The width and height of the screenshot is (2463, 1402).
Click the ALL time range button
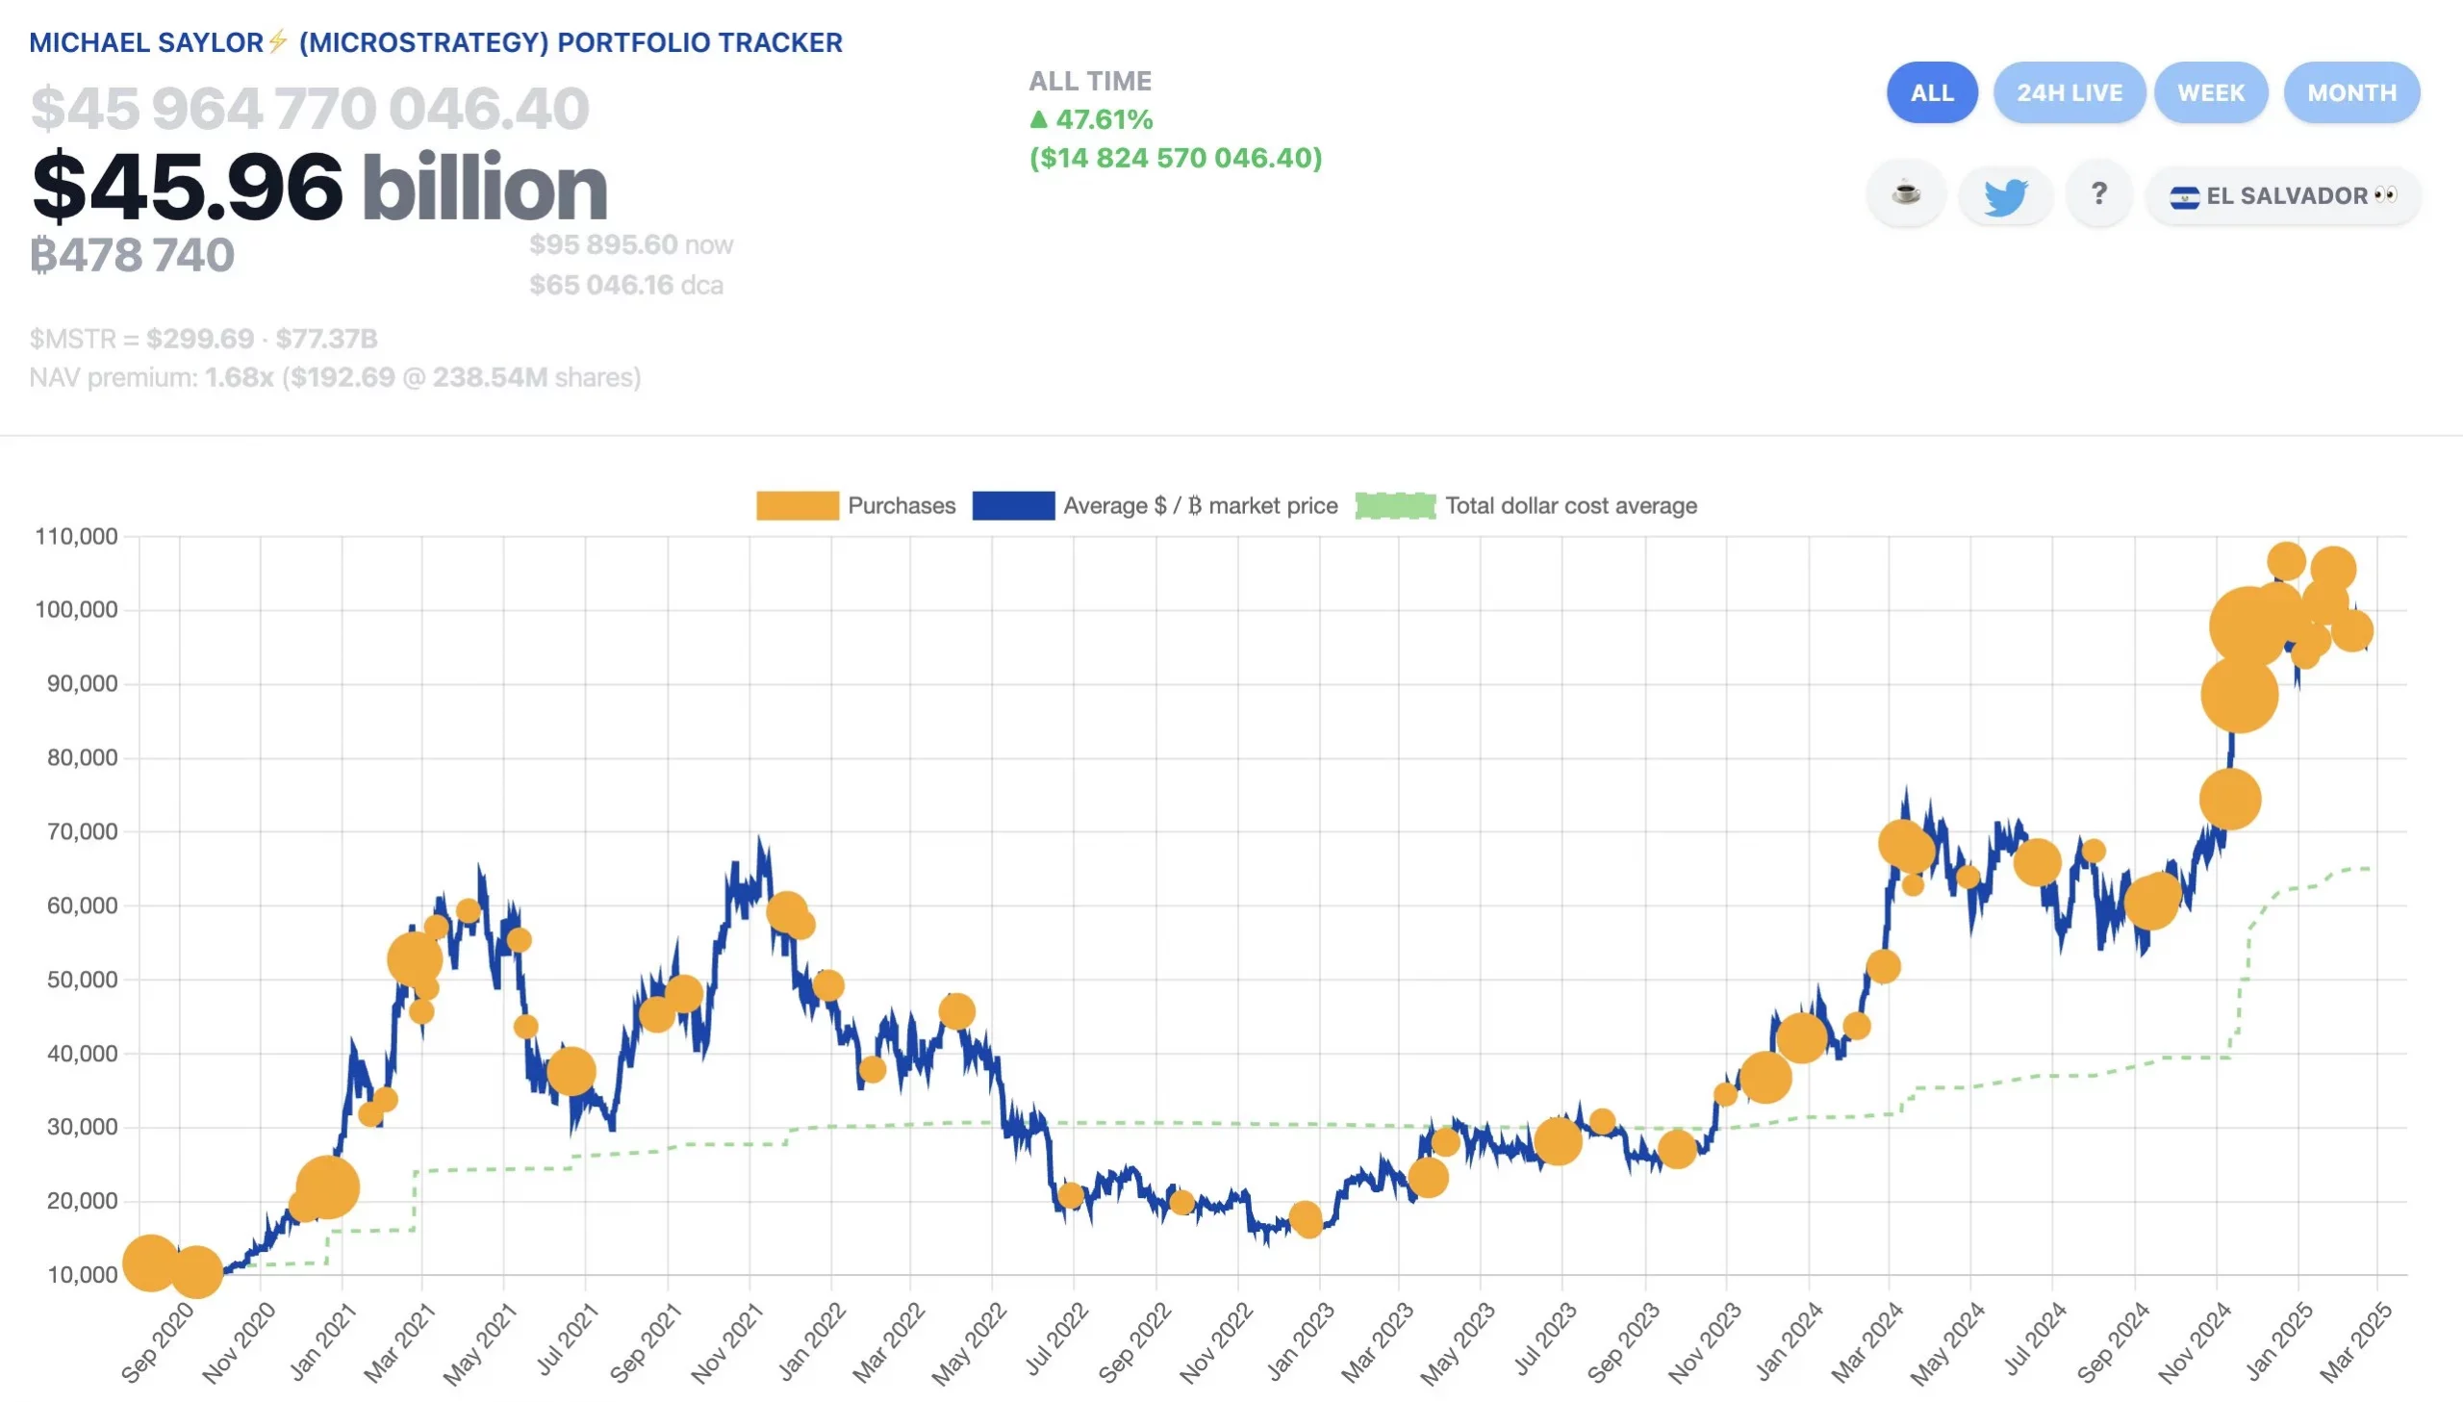1932,93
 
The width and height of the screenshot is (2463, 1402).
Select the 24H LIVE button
2069,93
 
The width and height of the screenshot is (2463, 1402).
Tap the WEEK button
2211,93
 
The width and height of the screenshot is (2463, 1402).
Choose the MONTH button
2350,93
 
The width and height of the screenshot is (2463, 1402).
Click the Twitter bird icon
2006,195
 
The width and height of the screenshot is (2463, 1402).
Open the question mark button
2099,195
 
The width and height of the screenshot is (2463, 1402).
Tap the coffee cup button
1906,194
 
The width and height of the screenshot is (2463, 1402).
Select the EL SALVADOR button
2283,195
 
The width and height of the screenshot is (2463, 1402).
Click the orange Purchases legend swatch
797,505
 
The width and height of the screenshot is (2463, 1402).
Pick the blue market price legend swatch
1012,505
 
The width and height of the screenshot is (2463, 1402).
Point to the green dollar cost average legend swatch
1395,505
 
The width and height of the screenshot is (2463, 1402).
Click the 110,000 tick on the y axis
76,536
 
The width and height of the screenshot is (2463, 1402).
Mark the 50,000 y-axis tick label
82,980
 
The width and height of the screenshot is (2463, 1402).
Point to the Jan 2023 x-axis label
1301,1341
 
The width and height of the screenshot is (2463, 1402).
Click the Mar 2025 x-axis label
2355,1341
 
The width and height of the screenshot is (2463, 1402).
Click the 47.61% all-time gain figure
1103,119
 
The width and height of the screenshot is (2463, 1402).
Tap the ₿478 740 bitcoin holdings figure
133,255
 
